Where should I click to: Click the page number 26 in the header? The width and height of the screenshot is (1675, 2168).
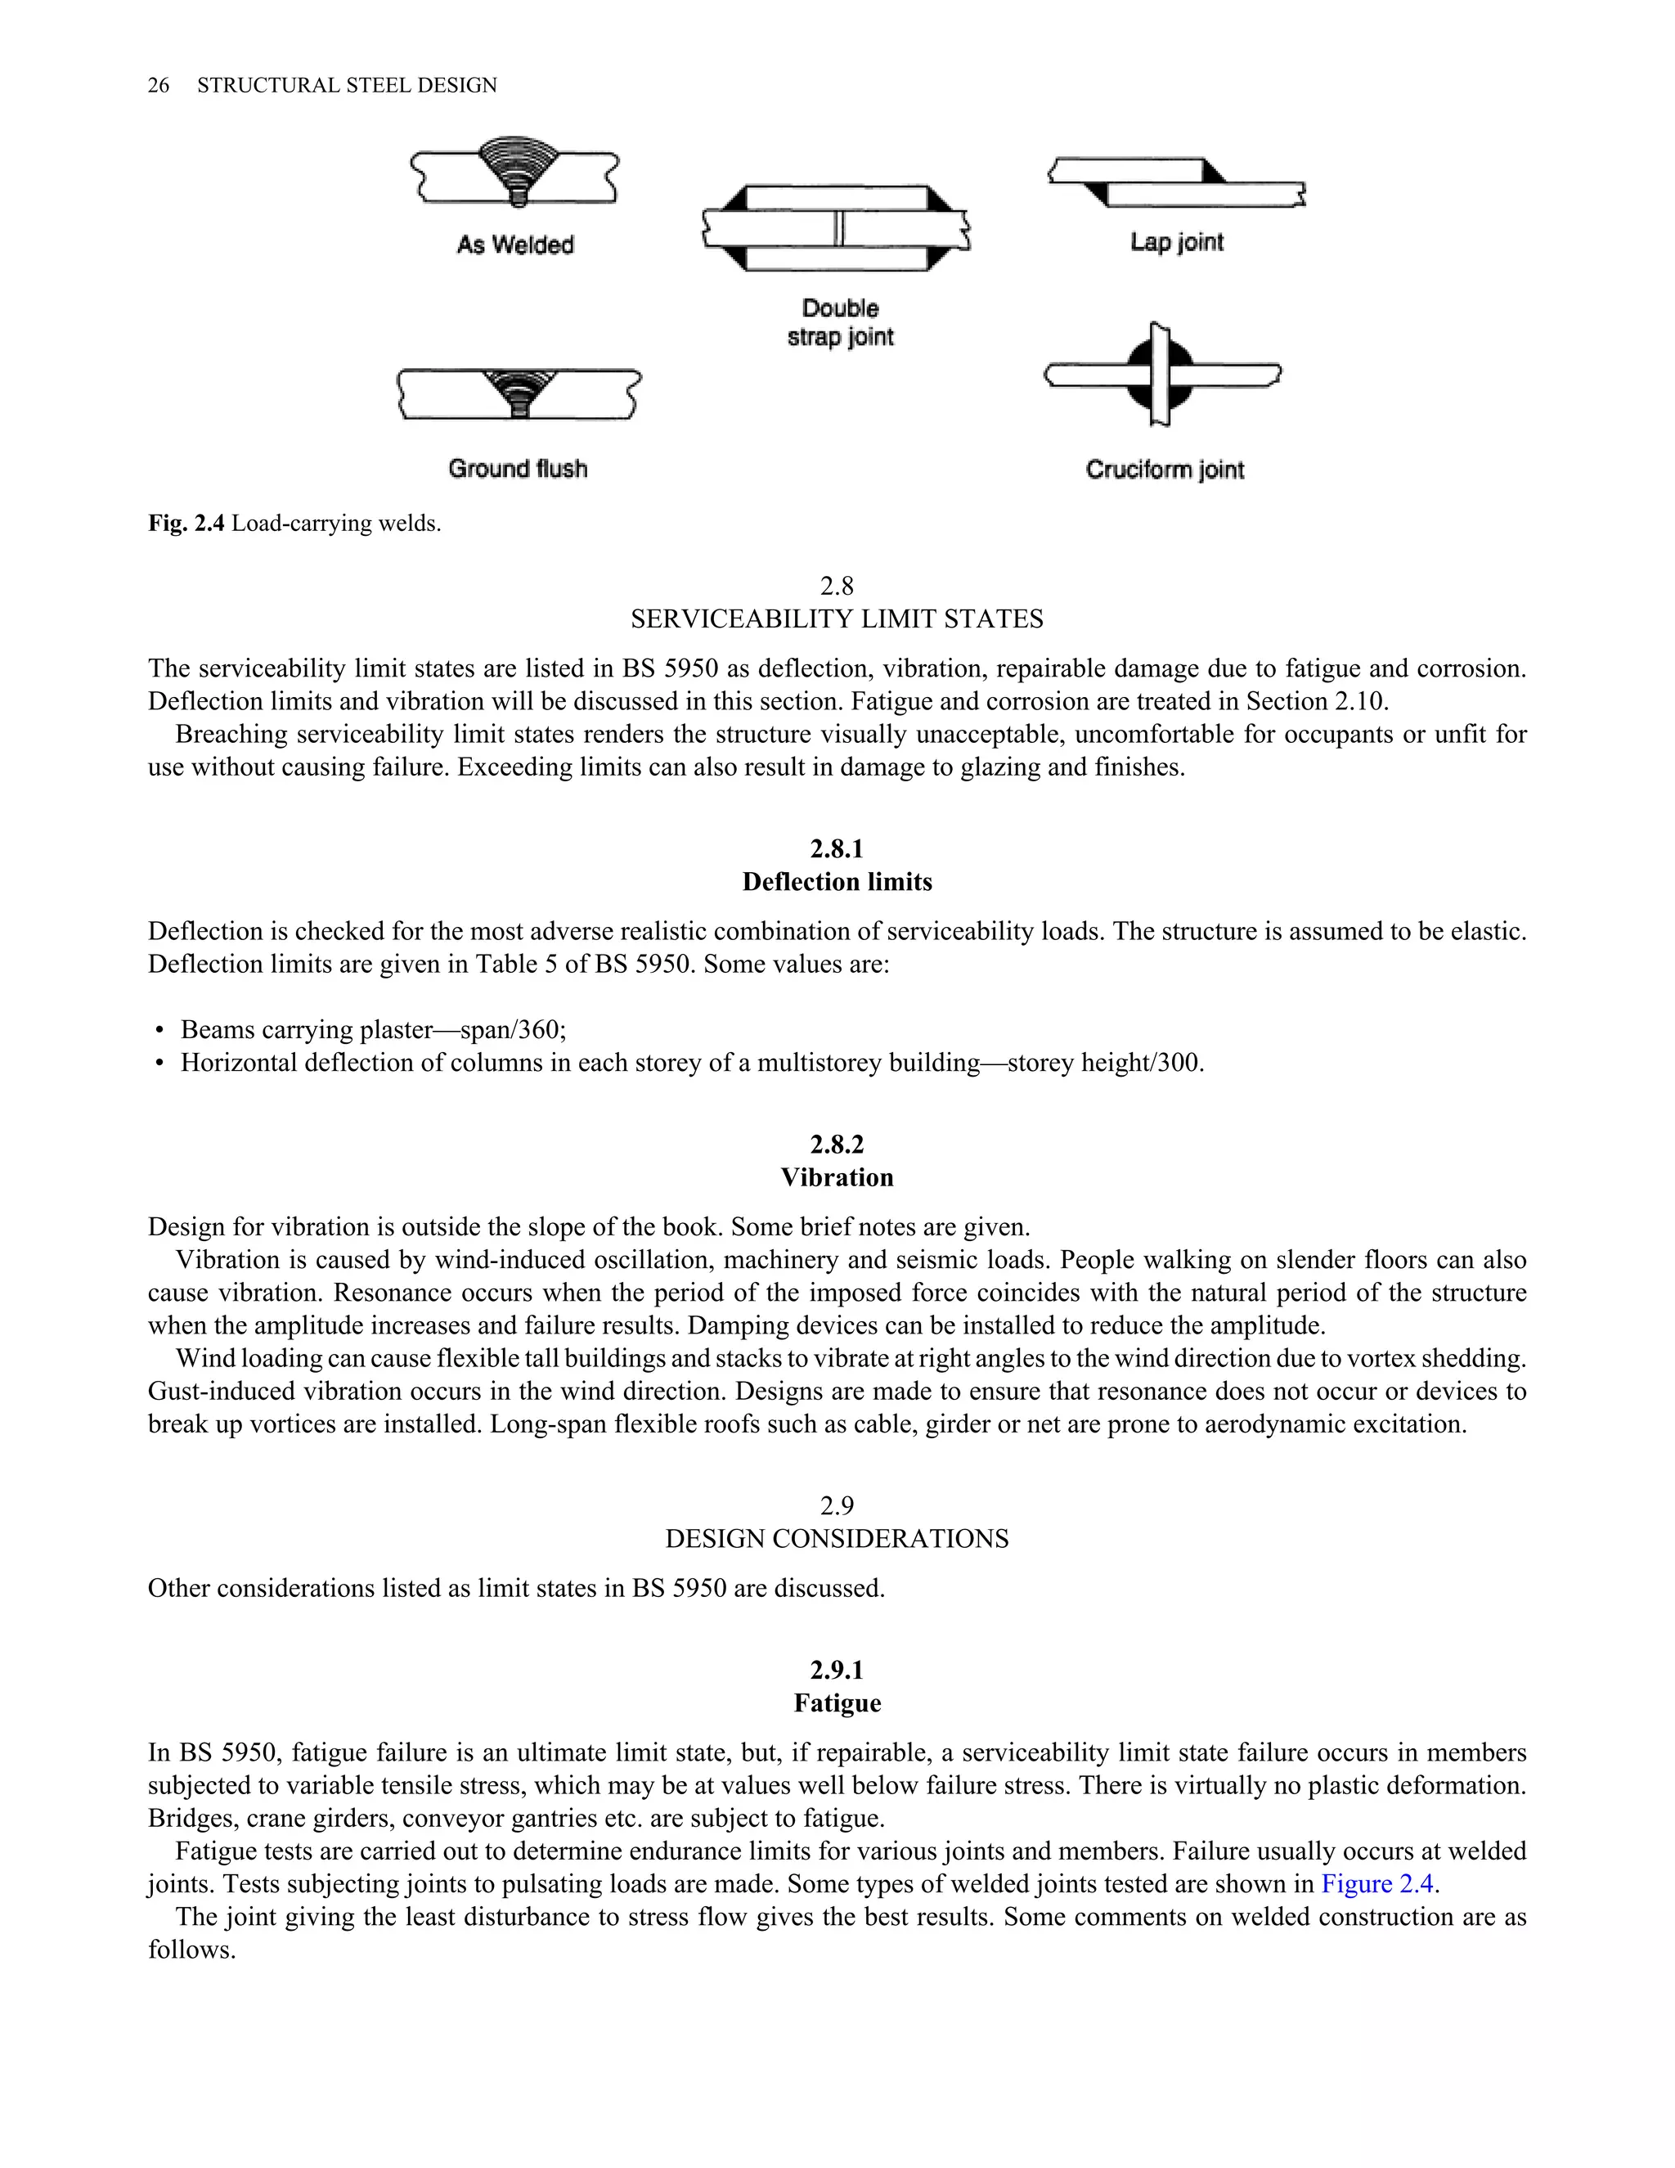158,85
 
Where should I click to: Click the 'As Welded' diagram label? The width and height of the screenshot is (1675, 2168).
515,244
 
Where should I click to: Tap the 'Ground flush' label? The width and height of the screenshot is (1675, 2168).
517,469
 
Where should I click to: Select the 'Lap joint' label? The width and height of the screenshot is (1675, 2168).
1176,242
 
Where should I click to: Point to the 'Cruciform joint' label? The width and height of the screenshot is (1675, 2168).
1164,470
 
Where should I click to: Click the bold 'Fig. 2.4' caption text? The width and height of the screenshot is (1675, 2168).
186,523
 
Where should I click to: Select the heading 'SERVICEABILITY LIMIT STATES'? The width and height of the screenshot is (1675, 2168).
837,619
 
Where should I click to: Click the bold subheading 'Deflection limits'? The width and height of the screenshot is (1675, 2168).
837,883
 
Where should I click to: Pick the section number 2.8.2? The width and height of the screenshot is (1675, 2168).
837,1145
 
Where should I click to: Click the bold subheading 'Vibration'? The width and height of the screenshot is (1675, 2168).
837,1178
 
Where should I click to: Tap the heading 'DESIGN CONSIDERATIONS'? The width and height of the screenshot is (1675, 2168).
837,1540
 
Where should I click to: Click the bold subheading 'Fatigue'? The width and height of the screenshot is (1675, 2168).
837,1703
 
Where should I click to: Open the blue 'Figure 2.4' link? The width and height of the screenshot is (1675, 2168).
1377,1884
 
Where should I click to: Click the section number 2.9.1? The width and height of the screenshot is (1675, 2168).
837,1670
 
